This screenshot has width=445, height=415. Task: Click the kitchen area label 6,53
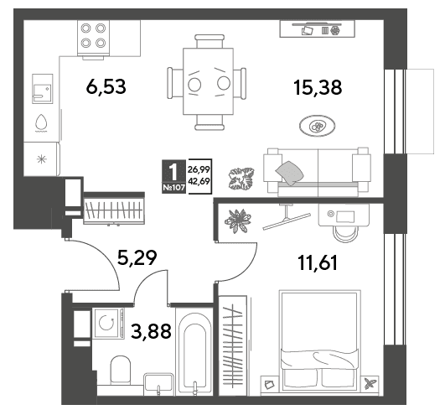[106, 87]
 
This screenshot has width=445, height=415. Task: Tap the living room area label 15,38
[318, 87]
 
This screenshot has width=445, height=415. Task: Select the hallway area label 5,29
[137, 257]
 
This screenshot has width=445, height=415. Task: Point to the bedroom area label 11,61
[318, 262]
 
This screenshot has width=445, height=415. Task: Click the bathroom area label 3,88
[151, 331]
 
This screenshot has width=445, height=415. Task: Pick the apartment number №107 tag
[173, 188]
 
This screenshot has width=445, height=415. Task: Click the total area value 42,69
[199, 181]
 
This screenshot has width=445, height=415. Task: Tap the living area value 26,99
[199, 169]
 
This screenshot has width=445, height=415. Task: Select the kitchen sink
[42, 89]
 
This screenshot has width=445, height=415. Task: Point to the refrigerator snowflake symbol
[42, 159]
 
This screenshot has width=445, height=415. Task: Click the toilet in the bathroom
[120, 370]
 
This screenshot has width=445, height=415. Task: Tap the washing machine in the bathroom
[108, 323]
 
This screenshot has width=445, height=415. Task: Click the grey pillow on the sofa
[289, 173]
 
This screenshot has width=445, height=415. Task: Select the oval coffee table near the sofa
[317, 126]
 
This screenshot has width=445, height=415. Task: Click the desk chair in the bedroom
[345, 233]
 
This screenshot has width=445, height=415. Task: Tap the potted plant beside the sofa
[241, 179]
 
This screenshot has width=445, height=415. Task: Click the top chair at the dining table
[210, 41]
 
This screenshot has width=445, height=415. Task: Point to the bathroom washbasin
[158, 384]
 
